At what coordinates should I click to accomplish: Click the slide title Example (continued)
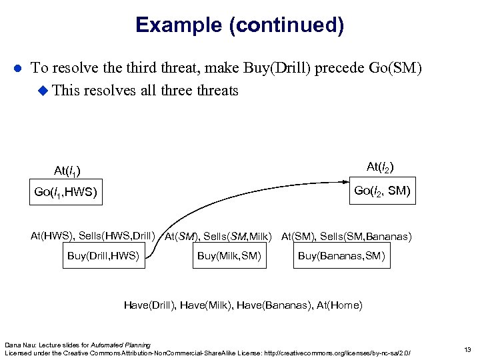pos(239,25)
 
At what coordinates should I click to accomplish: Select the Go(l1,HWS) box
pos(65,193)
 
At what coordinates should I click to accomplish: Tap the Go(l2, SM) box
pos(382,191)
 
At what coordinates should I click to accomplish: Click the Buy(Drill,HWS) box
pos(104,256)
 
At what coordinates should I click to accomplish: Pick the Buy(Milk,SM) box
pos(229,256)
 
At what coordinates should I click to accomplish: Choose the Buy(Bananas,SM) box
pos(341,256)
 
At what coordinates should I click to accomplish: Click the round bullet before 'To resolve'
pos(18,69)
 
